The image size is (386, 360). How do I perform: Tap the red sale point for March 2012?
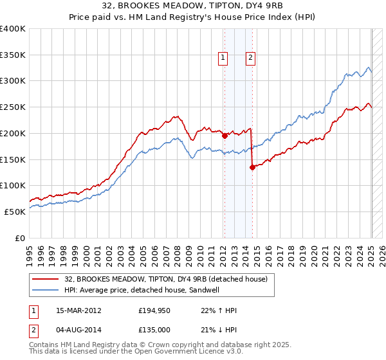pos(225,136)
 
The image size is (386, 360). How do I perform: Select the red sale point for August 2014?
pos(252,167)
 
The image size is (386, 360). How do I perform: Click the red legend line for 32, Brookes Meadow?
pos(46,278)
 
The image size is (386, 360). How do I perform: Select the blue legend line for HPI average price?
pos(46,290)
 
